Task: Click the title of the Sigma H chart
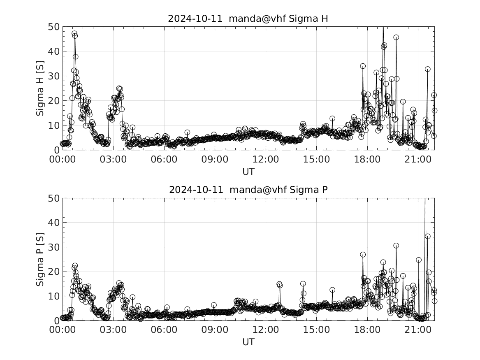[x=248, y=19]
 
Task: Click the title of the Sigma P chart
[x=248, y=190]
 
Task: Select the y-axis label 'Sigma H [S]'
[x=40, y=88]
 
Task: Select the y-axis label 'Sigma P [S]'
[x=40, y=259]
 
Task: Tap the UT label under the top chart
[x=248, y=172]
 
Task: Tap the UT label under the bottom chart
[x=248, y=342]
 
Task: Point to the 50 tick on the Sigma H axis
[x=55, y=27]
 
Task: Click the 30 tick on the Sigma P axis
[x=55, y=247]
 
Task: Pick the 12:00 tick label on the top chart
[x=265, y=160]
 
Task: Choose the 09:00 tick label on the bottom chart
[x=214, y=330]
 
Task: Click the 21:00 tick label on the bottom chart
[x=417, y=330]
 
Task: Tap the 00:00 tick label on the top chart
[x=62, y=160]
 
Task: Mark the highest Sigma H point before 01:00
[x=74, y=34]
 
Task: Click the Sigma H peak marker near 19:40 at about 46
[x=396, y=37]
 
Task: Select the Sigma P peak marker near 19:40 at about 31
[x=396, y=246]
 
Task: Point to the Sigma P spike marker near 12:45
[x=279, y=284]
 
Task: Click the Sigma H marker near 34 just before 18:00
[x=363, y=66]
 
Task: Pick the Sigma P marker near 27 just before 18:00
[x=363, y=255]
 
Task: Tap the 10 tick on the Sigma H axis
[x=55, y=125]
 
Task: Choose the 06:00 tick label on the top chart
[x=164, y=160]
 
